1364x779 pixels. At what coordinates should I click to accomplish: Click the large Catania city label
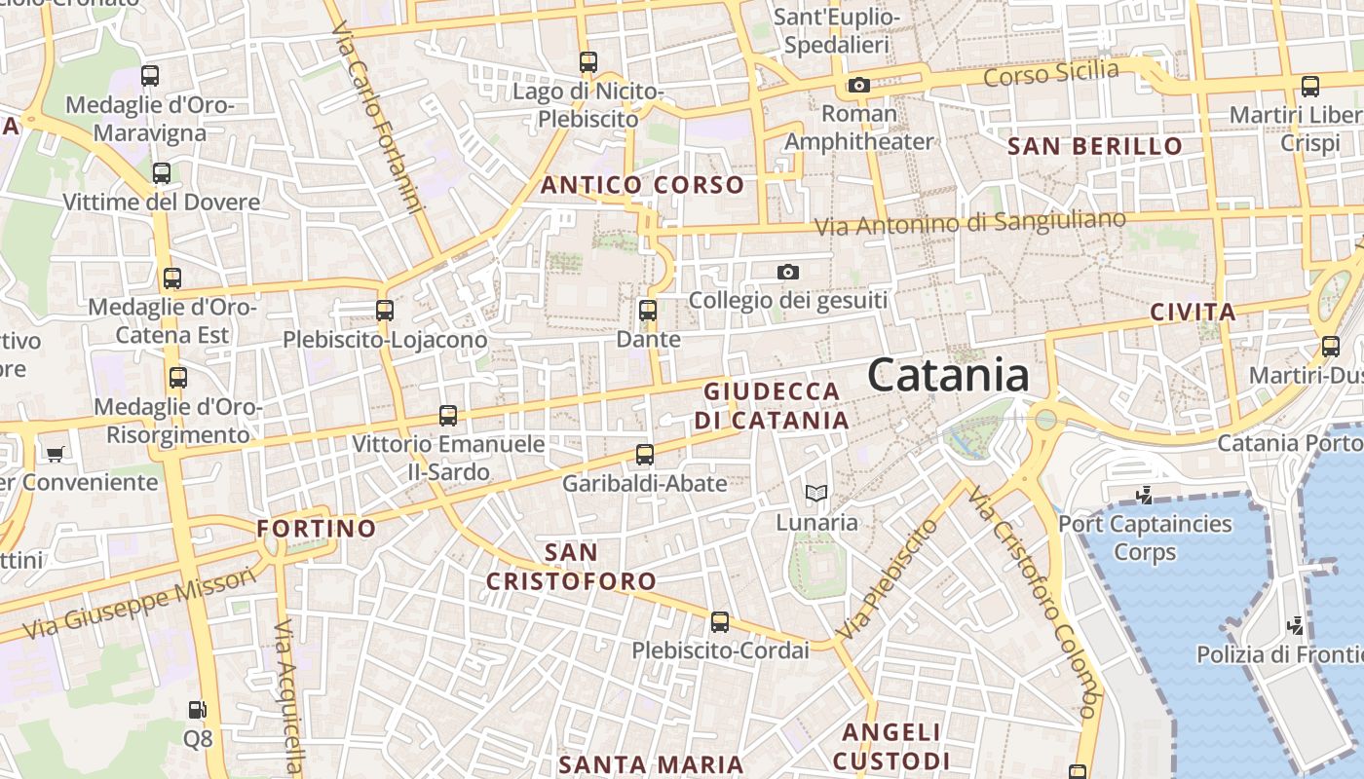point(947,375)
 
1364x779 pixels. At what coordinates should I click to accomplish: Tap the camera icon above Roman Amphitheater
point(858,86)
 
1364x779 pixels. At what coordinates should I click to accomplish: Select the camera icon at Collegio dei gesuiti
point(788,273)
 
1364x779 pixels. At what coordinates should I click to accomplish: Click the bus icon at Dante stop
point(648,312)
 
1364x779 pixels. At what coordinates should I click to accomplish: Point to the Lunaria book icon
point(816,494)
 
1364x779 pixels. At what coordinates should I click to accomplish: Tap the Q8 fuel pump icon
point(198,710)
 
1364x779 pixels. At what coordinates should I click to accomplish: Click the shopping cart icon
point(55,454)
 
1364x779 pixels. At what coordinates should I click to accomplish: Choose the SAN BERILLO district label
point(1094,147)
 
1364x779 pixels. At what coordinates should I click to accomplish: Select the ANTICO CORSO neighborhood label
point(642,185)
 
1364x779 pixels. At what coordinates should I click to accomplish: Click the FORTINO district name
point(316,529)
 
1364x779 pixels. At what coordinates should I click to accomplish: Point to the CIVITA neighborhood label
point(1193,313)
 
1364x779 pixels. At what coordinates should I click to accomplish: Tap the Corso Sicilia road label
point(1051,73)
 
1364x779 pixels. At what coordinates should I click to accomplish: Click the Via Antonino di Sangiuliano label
point(969,223)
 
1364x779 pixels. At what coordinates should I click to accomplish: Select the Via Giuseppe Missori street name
point(140,604)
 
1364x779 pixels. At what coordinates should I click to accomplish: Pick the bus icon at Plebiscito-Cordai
point(720,621)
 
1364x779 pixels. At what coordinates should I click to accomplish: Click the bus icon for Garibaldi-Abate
point(645,455)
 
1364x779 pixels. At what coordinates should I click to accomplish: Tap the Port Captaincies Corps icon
point(1145,496)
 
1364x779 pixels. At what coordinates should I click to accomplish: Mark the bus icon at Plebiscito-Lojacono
point(385,311)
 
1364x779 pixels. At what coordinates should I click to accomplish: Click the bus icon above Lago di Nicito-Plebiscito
point(588,62)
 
